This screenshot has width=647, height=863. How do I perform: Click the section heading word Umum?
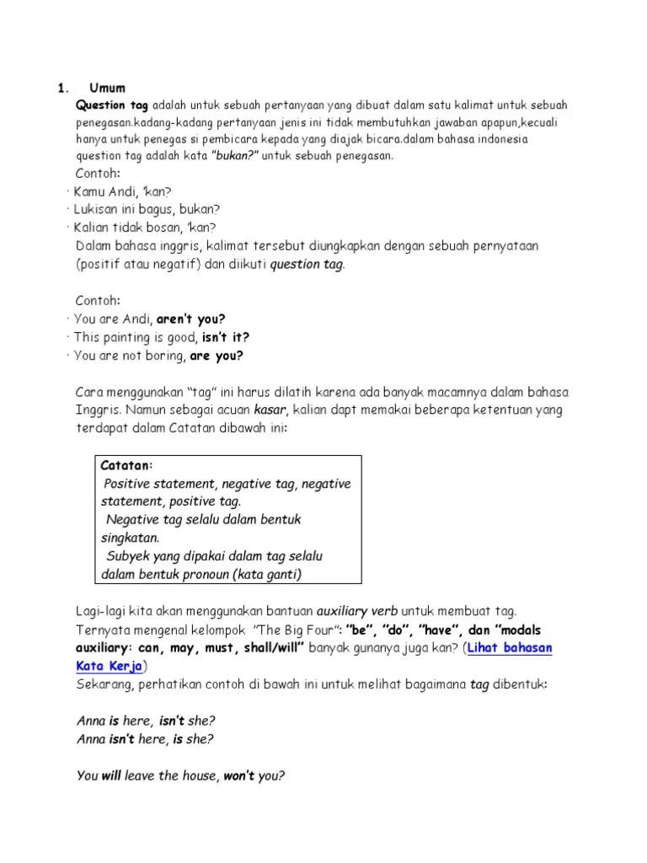point(108,88)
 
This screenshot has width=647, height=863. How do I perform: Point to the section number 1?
point(61,88)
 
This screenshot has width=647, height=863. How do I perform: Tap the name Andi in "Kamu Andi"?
point(125,191)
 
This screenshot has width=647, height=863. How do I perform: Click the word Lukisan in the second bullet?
point(96,209)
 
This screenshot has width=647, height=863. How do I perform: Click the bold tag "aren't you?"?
point(191,319)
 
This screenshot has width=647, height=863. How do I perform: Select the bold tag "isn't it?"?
point(226,337)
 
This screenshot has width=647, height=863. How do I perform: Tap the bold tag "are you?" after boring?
point(217,355)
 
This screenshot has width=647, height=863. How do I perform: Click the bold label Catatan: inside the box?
point(127,466)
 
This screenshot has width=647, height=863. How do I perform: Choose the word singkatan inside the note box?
point(130,538)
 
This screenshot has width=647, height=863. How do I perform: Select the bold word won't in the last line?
point(240,776)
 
